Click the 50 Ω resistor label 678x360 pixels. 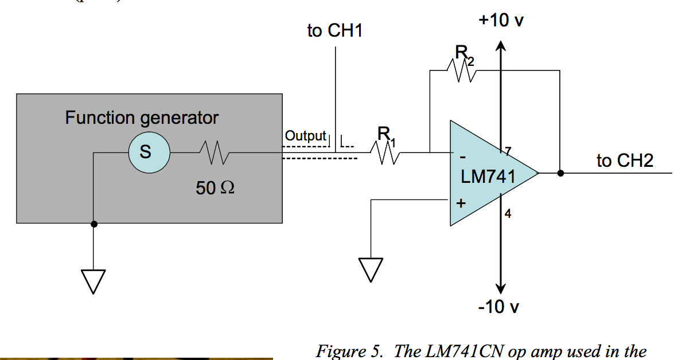[x=215, y=187]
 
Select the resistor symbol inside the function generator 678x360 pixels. [x=213, y=152]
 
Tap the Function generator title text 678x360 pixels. [x=142, y=118]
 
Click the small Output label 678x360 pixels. [x=305, y=136]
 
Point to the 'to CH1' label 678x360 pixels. [x=335, y=31]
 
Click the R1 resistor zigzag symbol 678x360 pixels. [x=385, y=153]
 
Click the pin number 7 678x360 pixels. [x=507, y=151]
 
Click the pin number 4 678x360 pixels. [x=508, y=214]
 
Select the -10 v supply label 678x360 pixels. [x=499, y=307]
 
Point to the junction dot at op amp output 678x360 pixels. [x=560, y=173]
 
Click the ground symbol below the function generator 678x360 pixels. [x=93, y=280]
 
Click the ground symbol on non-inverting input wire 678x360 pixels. [x=371, y=269]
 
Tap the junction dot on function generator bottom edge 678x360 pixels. [x=94, y=224]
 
